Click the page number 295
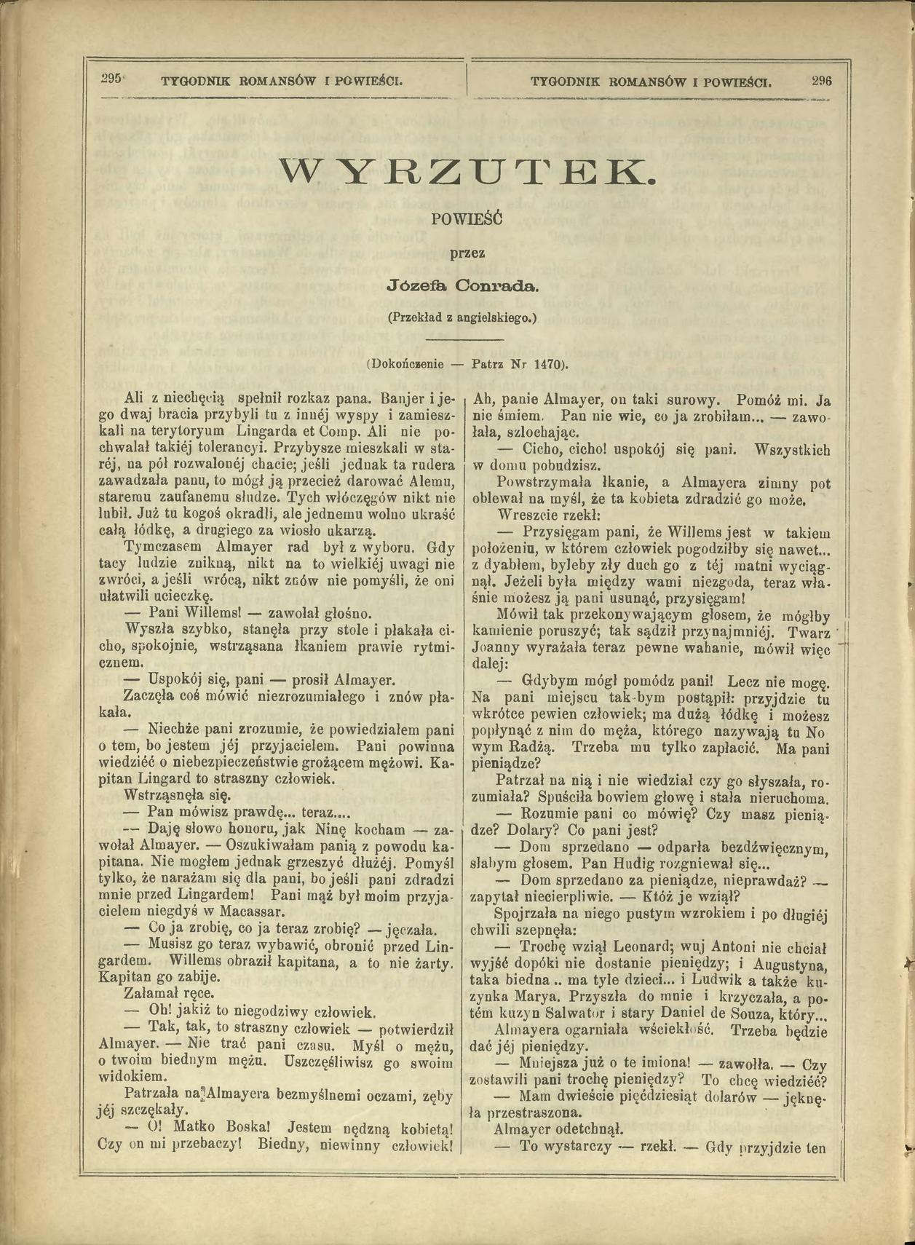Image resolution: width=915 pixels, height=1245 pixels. (x=110, y=79)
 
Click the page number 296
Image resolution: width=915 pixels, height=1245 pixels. (x=821, y=80)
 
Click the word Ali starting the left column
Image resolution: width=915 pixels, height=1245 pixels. (x=135, y=399)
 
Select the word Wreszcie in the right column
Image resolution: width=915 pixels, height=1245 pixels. (x=524, y=514)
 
